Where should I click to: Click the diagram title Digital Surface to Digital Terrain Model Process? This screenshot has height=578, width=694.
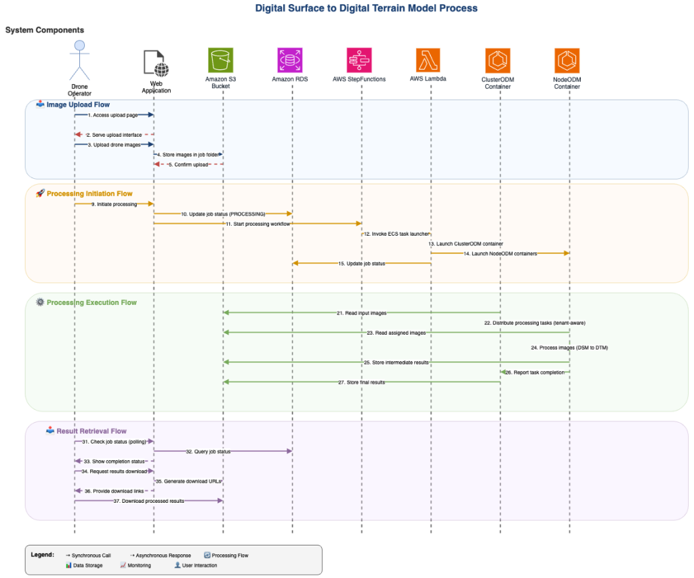pos(366,9)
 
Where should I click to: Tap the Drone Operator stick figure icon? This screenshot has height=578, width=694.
pos(80,61)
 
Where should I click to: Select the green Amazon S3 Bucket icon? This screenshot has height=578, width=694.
pos(220,60)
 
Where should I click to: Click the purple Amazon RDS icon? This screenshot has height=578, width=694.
pos(291,60)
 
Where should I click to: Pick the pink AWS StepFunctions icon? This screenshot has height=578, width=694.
pos(359,60)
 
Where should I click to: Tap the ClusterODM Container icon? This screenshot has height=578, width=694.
pos(498,60)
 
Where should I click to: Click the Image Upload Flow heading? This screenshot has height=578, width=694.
pos(78,105)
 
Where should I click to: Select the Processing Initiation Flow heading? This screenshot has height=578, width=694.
pos(89,194)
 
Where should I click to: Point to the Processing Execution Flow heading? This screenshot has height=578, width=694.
pos(91,302)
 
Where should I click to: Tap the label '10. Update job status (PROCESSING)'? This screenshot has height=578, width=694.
pos(223,214)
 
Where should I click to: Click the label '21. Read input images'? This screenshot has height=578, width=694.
pos(361,313)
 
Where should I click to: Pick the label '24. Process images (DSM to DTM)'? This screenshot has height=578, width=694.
pos(569,348)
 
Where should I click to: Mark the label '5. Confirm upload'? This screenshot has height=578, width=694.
pos(188,165)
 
